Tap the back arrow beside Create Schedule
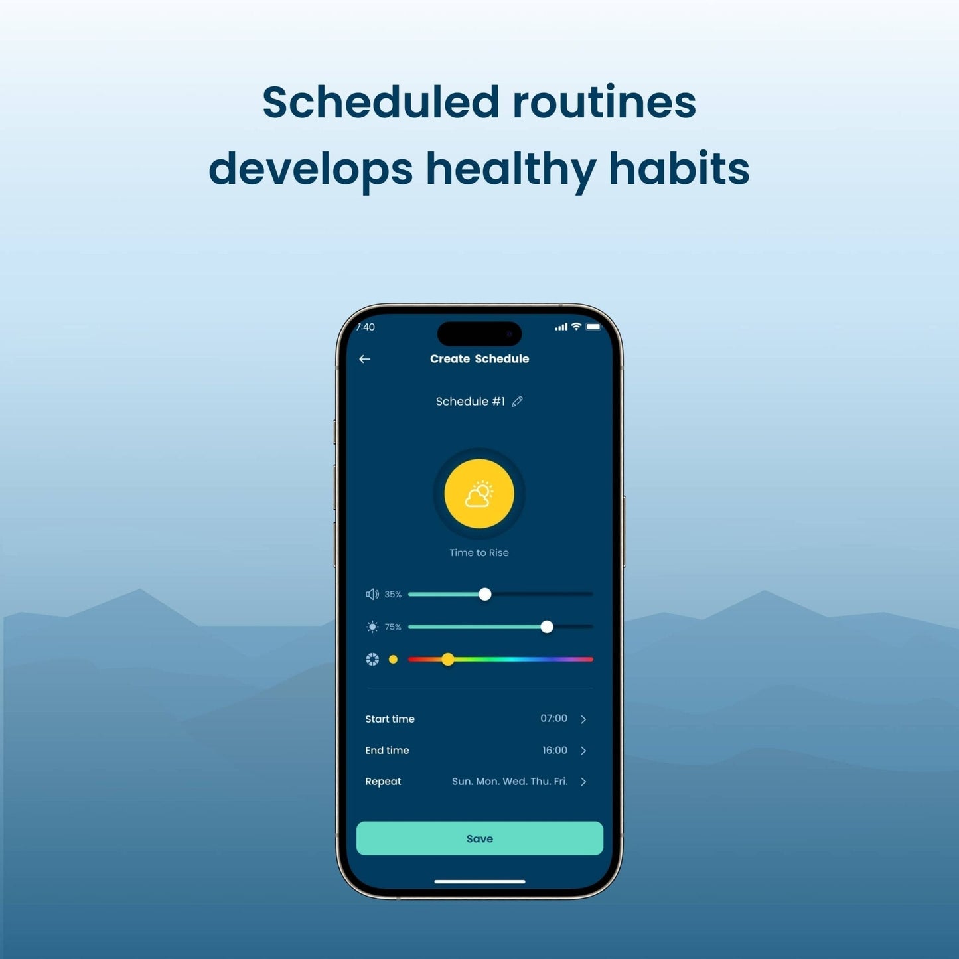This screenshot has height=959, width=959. pyautogui.click(x=364, y=359)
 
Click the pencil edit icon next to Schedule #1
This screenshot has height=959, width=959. pyautogui.click(x=517, y=401)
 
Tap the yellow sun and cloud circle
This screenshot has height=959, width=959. pyautogui.click(x=479, y=493)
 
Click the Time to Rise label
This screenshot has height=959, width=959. pyautogui.click(x=479, y=552)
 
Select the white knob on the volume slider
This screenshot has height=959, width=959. pyautogui.click(x=484, y=594)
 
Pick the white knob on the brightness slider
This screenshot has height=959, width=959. pyautogui.click(x=546, y=627)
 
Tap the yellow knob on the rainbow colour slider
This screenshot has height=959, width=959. pyautogui.click(x=447, y=660)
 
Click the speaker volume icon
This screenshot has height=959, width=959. pyautogui.click(x=372, y=594)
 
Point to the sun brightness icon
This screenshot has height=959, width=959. pyautogui.click(x=372, y=627)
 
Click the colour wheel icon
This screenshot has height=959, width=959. pyautogui.click(x=372, y=660)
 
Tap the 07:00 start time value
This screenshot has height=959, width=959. pyautogui.click(x=553, y=718)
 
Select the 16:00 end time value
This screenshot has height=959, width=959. pyautogui.click(x=554, y=750)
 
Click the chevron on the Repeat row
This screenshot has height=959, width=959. pyautogui.click(x=583, y=782)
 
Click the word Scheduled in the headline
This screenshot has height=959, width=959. pyautogui.click(x=381, y=102)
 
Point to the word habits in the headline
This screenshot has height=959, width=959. pyautogui.click(x=679, y=168)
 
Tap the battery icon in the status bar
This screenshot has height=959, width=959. pyautogui.click(x=593, y=327)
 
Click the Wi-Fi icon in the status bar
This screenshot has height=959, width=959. pyautogui.click(x=576, y=327)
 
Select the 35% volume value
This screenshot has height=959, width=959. pyautogui.click(x=393, y=594)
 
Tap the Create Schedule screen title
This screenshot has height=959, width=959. pyautogui.click(x=479, y=359)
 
